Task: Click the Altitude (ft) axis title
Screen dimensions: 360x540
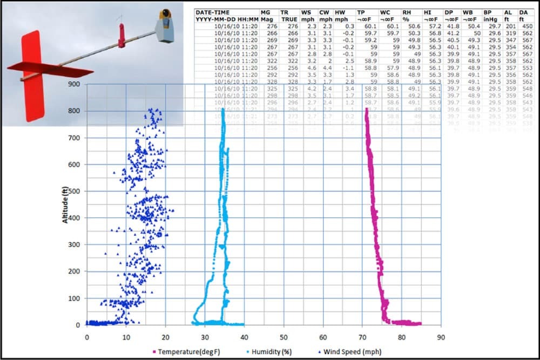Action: tap(64, 205)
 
